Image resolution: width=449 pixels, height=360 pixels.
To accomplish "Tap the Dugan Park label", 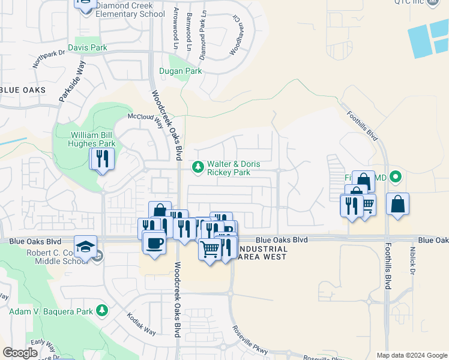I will (x=180, y=71).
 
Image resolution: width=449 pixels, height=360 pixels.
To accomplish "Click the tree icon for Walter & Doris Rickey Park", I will (x=196, y=166).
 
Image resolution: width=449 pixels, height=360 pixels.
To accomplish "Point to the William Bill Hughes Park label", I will (x=92, y=139).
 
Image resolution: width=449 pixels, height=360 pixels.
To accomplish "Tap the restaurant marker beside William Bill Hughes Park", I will (x=102, y=159).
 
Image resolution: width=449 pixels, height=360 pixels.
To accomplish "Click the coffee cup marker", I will (x=154, y=243).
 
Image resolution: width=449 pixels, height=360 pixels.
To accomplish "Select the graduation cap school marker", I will (x=85, y=246).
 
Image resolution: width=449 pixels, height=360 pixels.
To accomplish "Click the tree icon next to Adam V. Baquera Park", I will (x=102, y=310).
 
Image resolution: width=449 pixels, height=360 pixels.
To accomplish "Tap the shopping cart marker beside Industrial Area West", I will (x=209, y=248).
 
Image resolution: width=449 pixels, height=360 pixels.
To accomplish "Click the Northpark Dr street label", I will (x=49, y=58).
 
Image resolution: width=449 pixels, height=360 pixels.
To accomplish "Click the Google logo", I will (x=20, y=353).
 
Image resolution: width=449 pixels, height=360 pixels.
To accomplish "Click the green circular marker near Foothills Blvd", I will (x=395, y=177).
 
